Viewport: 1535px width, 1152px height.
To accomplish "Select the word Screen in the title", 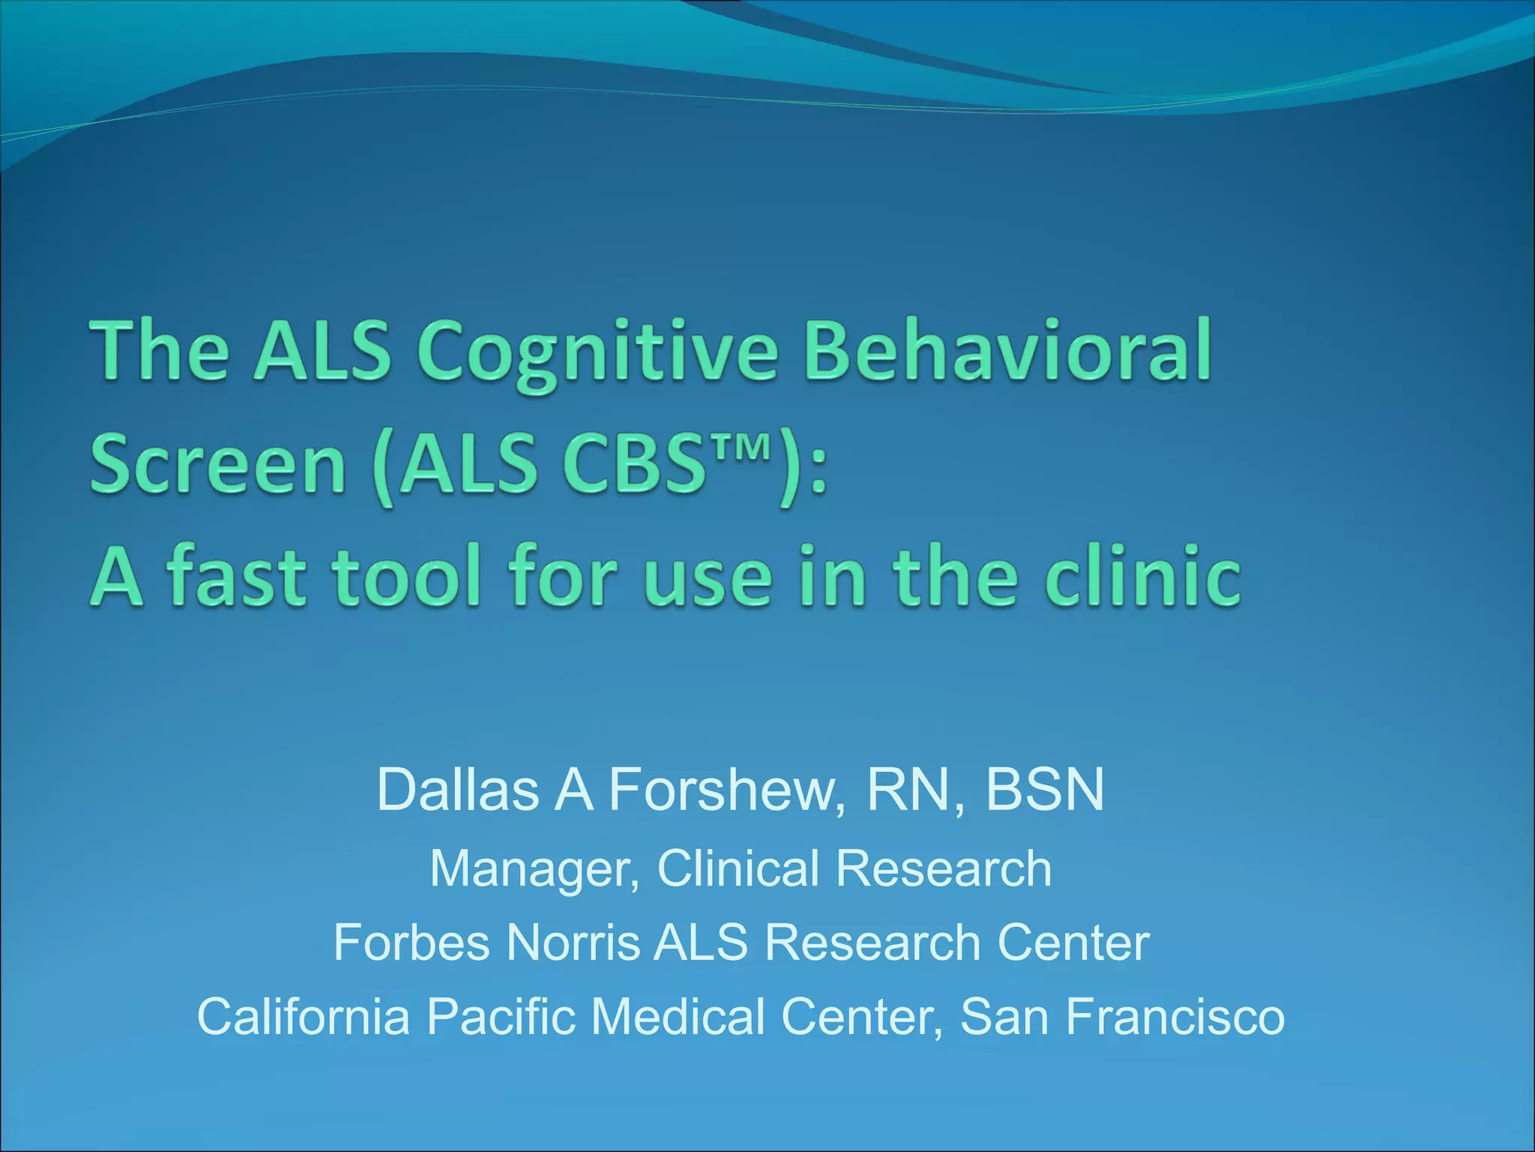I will click(x=218, y=464).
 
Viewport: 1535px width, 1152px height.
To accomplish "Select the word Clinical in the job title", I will click(x=738, y=868).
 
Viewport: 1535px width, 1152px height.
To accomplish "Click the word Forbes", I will click(x=412, y=943).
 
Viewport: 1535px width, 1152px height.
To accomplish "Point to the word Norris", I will click(x=573, y=943).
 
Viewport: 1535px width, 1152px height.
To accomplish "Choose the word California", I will click(x=304, y=1017).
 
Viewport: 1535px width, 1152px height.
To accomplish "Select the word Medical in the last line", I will click(x=678, y=1017).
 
